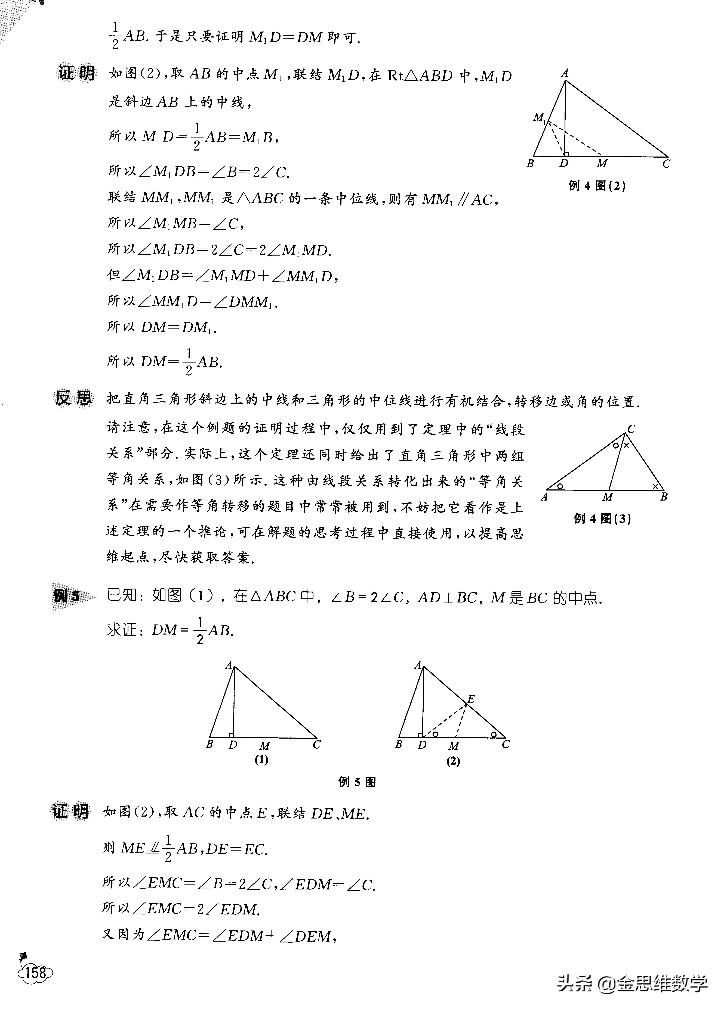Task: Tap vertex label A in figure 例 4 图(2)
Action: (565, 73)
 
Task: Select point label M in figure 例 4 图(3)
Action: (607, 497)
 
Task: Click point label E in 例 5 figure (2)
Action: (471, 700)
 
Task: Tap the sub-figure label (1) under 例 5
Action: (261, 760)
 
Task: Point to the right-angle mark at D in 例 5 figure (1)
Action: (231, 735)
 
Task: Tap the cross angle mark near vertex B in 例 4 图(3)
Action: (655, 487)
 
